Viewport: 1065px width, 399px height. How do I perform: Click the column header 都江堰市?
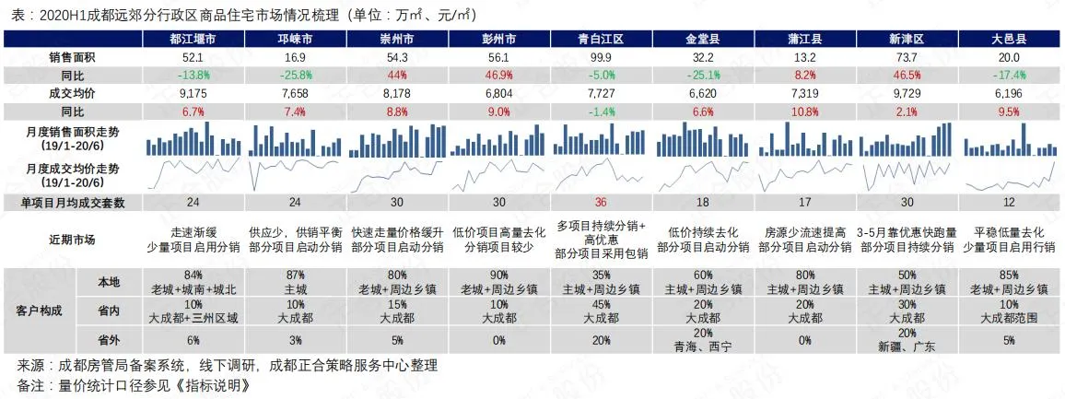pos(193,40)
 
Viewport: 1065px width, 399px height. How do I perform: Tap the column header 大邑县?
pos(1009,40)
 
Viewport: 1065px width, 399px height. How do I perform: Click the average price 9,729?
pos(907,92)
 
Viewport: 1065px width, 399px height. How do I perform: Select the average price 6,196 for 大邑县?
pos(1009,92)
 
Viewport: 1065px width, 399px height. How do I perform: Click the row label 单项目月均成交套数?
pos(73,203)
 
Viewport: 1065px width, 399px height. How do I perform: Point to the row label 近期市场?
pos(73,240)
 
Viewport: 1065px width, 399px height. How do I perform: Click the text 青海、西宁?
pos(704,347)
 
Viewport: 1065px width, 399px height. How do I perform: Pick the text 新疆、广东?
pos(907,347)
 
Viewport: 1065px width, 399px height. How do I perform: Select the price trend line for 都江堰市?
pos(193,172)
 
